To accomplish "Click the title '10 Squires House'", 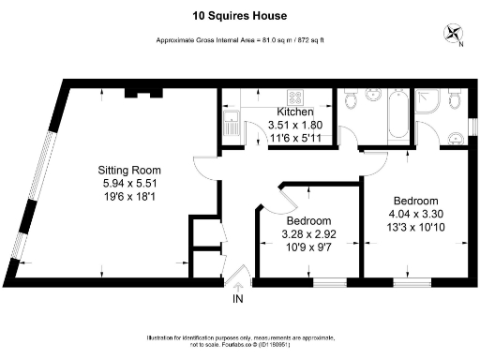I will pyautogui.click(x=239, y=15).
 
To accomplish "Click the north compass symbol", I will pyautogui.click(x=455, y=35).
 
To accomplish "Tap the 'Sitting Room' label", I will pyautogui.click(x=132, y=170).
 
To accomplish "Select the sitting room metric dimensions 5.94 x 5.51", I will pyautogui.click(x=132, y=186).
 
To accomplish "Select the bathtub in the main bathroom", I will pyautogui.click(x=391, y=119).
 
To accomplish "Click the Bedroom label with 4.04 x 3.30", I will pyautogui.click(x=415, y=202).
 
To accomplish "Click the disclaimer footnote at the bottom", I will pyautogui.click(x=239, y=340).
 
